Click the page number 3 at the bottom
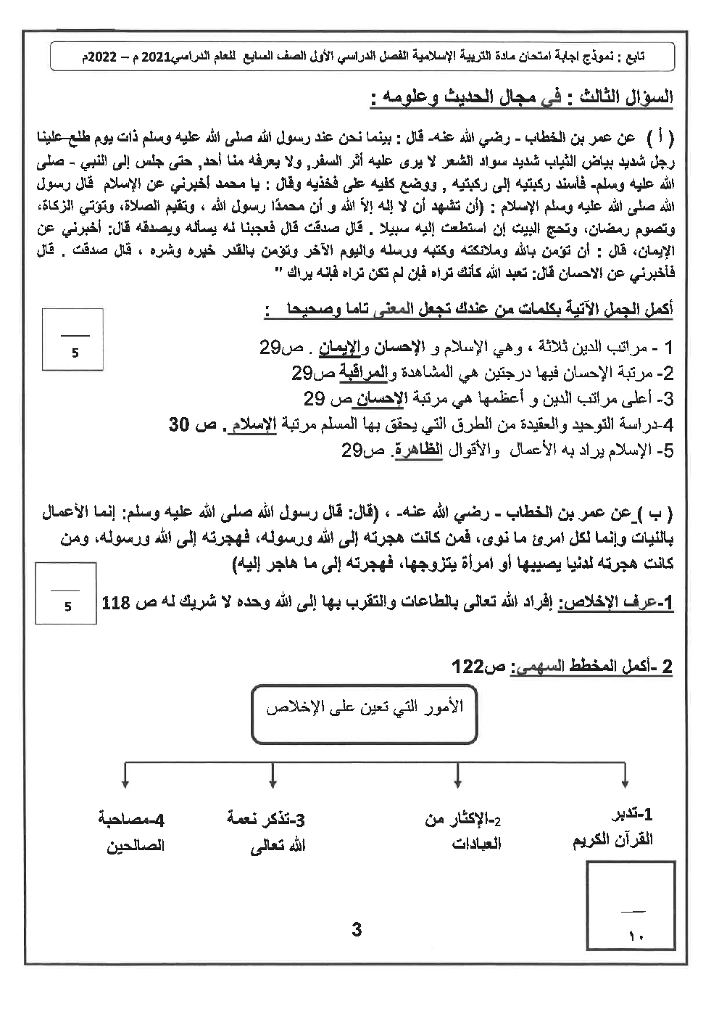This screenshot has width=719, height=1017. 356,929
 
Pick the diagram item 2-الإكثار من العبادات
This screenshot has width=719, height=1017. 464,831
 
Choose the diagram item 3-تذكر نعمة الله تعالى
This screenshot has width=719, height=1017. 267,832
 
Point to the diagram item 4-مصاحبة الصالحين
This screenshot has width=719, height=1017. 131,832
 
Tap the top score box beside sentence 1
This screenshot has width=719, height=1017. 73,341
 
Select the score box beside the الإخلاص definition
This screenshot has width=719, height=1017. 68,593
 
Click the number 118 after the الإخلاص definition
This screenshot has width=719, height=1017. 117,604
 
